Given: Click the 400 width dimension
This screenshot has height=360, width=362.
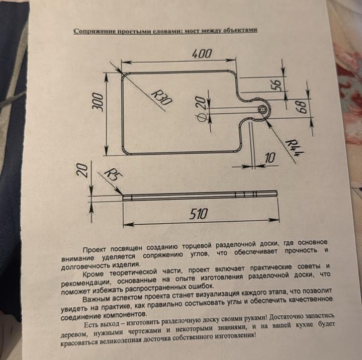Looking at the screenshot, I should click(x=202, y=53).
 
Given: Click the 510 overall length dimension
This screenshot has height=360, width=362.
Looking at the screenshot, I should click(x=199, y=215).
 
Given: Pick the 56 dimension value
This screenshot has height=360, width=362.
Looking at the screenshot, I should click(x=276, y=84).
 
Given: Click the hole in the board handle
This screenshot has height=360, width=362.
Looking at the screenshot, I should click(x=261, y=110).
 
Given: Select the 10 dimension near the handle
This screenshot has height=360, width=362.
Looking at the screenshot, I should click(x=270, y=158).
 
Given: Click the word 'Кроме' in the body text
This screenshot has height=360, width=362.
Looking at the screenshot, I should click(x=95, y=275).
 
